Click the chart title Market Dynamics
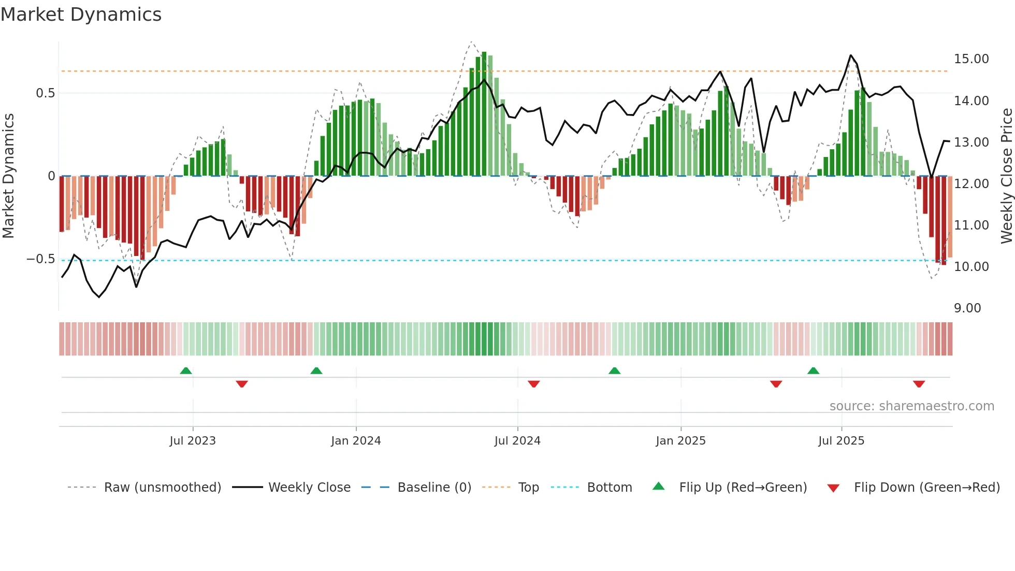coord(81,15)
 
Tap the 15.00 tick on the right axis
coord(971,59)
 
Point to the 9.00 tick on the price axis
coord(967,308)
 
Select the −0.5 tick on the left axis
coord(41,259)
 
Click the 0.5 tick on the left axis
coord(45,93)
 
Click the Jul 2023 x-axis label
coord(193,441)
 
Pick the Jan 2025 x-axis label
coord(680,441)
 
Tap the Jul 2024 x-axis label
coord(517,441)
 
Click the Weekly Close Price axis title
coord(1006,176)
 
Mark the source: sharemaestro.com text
coord(911,406)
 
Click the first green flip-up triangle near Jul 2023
coord(186,370)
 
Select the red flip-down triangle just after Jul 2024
coord(534,384)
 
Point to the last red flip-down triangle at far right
coord(919,384)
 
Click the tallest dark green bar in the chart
coord(484,114)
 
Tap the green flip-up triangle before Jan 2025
coord(614,370)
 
